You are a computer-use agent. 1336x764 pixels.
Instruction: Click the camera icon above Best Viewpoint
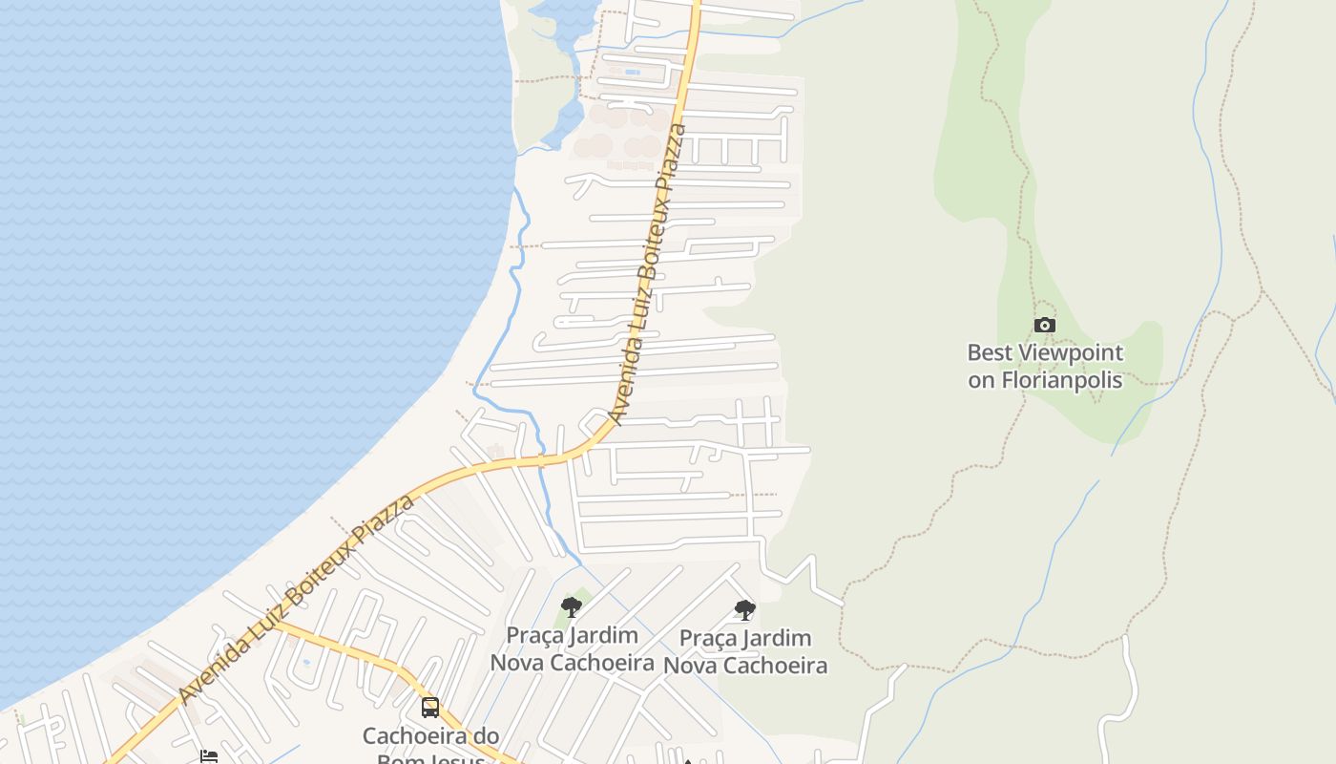tap(1045, 325)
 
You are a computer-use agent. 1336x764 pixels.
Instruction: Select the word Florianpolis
tap(1062, 379)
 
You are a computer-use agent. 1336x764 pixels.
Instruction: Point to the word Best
tap(988, 352)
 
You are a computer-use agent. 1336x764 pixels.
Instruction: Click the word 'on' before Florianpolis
tap(981, 380)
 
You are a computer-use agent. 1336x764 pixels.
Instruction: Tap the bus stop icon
tap(430, 708)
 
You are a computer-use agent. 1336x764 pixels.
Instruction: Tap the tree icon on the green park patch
tap(572, 606)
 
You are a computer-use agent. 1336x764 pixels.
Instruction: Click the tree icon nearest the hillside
tap(744, 609)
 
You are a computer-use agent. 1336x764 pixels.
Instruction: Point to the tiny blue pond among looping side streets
tap(305, 661)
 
